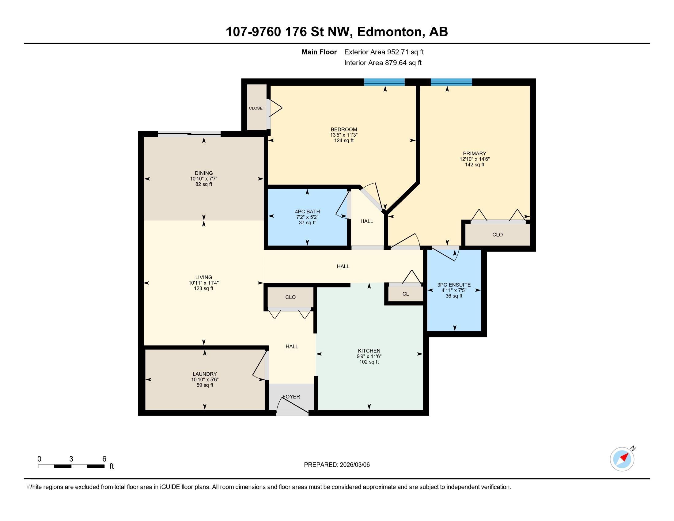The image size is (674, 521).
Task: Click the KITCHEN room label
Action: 369,351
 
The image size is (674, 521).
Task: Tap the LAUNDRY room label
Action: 205,374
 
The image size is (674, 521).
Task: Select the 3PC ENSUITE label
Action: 454,285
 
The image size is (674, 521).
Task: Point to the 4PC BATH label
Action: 307,211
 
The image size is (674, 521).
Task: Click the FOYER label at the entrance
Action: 291,397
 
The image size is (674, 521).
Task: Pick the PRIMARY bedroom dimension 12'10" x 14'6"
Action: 475,159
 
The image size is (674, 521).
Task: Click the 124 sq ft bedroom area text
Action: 344,140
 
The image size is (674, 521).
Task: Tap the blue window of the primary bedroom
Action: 451,82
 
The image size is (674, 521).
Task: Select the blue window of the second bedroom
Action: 384,82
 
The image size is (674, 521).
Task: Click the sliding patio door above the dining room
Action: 189,134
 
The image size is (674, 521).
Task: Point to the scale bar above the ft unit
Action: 71,466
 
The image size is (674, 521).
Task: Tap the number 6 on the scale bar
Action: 104,459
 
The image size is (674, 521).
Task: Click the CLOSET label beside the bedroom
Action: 257,108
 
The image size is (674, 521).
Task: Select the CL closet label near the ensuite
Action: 406,294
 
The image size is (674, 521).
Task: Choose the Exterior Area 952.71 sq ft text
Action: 384,52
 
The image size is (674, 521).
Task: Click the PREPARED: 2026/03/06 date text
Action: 337,465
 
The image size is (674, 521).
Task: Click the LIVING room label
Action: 204,277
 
